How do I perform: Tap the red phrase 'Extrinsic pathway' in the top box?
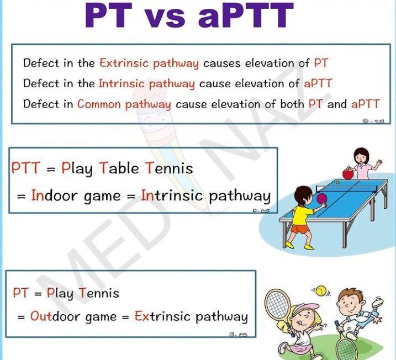coord(149,63)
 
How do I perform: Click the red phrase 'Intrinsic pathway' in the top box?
coord(146,83)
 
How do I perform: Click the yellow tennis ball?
coord(320,290)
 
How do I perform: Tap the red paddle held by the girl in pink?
coord(348,173)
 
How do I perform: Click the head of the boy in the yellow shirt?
coord(303,195)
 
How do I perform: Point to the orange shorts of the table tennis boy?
coord(300,228)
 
